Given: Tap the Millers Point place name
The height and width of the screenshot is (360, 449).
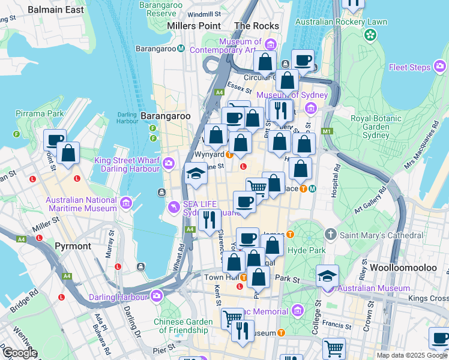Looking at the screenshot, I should click(194, 26).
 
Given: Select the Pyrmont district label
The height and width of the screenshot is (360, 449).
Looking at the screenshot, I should click(73, 246).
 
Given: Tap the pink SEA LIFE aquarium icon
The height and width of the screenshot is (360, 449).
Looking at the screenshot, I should click(174, 207).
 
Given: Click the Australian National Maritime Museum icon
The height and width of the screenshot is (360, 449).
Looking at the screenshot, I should click(126, 203).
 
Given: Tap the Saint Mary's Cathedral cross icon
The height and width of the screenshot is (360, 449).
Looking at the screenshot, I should click(330, 233).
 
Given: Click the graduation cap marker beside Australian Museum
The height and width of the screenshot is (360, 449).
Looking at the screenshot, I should click(328, 277).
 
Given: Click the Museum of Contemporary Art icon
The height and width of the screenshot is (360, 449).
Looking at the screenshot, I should click(270, 45).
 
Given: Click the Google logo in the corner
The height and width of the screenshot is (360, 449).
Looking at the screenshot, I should click(19, 353).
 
